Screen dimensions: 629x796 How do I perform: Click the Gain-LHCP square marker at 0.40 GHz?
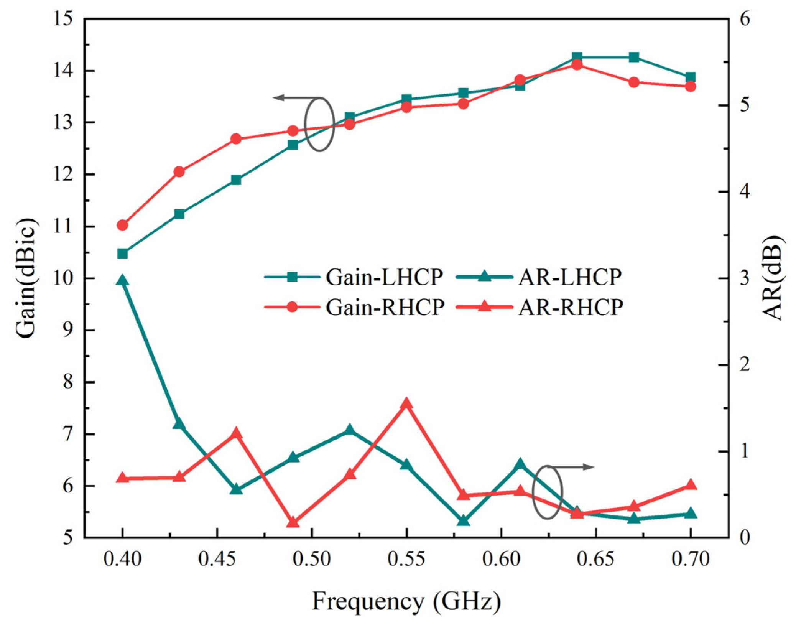point(122,253)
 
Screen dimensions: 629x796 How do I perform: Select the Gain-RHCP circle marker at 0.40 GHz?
point(122,225)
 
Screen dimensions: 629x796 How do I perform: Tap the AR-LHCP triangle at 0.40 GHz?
point(122,280)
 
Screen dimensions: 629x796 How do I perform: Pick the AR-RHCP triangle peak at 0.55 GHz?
point(406,404)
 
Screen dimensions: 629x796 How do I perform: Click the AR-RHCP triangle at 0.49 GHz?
point(293,522)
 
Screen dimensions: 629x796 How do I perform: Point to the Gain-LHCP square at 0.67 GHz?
point(634,58)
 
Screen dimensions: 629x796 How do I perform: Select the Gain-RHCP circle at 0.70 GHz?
point(691,86)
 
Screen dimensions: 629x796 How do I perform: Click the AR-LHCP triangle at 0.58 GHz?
point(463,521)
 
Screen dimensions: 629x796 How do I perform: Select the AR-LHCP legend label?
point(570,277)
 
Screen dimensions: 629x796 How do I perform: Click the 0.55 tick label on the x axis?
point(406,559)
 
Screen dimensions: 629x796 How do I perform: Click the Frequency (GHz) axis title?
point(406,601)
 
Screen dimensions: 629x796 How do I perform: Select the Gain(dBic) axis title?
point(27,278)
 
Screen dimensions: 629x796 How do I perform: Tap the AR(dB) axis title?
point(771,278)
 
